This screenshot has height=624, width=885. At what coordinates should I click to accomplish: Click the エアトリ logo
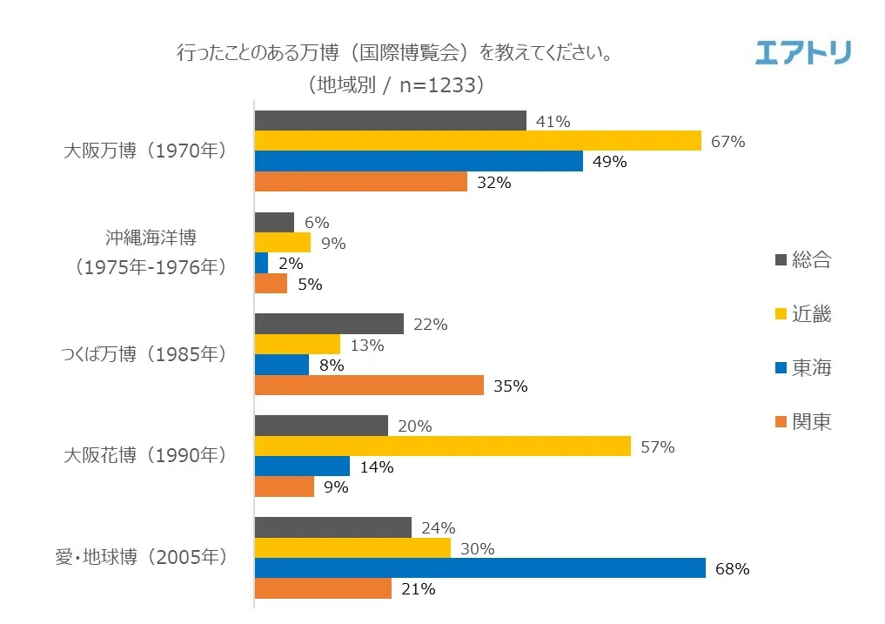[x=802, y=52]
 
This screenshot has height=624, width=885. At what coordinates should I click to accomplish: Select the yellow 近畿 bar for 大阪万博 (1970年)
[x=477, y=141]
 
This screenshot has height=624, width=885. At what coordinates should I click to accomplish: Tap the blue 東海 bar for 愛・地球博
[x=479, y=568]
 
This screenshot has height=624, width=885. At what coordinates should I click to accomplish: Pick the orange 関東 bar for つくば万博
[x=369, y=386]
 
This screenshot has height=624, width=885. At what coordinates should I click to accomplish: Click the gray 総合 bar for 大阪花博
[x=321, y=426]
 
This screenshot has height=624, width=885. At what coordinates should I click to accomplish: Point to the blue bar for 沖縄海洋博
[x=261, y=263]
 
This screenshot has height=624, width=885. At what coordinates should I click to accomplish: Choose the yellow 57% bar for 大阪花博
[x=442, y=446]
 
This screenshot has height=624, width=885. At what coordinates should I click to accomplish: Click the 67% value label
[x=727, y=142]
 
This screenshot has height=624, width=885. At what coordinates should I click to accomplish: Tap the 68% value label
[x=732, y=569]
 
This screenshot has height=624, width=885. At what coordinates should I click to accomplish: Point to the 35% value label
[x=510, y=386]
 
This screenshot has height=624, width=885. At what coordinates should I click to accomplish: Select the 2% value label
[x=291, y=264]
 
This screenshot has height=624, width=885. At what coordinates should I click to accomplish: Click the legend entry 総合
[x=811, y=259]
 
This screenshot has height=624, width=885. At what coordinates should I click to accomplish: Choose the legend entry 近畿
[x=811, y=313]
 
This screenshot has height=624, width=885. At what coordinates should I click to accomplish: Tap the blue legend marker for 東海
[x=780, y=368]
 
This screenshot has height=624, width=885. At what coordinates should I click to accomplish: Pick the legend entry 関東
[x=811, y=422]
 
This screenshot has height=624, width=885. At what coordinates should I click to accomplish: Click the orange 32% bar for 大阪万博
[x=361, y=182]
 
